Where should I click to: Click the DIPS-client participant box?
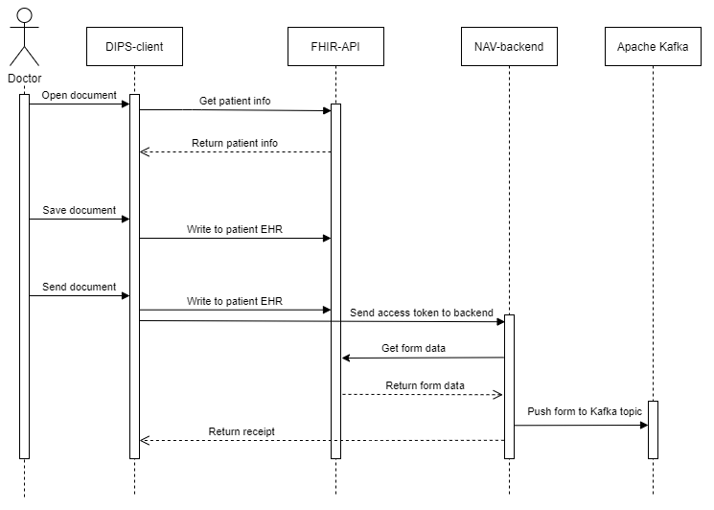[134, 47]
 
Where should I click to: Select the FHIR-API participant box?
[335, 47]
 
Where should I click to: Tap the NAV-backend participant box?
[508, 47]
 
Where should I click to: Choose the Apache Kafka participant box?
[652, 47]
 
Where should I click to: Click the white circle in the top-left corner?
[25, 15]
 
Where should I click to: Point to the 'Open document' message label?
[80, 96]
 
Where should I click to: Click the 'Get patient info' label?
[235, 101]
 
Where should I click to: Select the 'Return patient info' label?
[235, 144]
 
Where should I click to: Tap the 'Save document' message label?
[80, 211]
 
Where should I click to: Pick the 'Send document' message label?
[80, 288]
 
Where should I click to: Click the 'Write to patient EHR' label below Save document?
[235, 230]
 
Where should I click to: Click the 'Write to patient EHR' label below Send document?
[235, 302]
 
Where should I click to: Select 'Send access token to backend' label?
[422, 313]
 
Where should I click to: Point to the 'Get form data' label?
[413, 349]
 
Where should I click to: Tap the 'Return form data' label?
[425, 386]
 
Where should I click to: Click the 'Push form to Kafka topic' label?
[585, 412]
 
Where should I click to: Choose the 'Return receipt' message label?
[242, 432]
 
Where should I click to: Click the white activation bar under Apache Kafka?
[654, 429]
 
